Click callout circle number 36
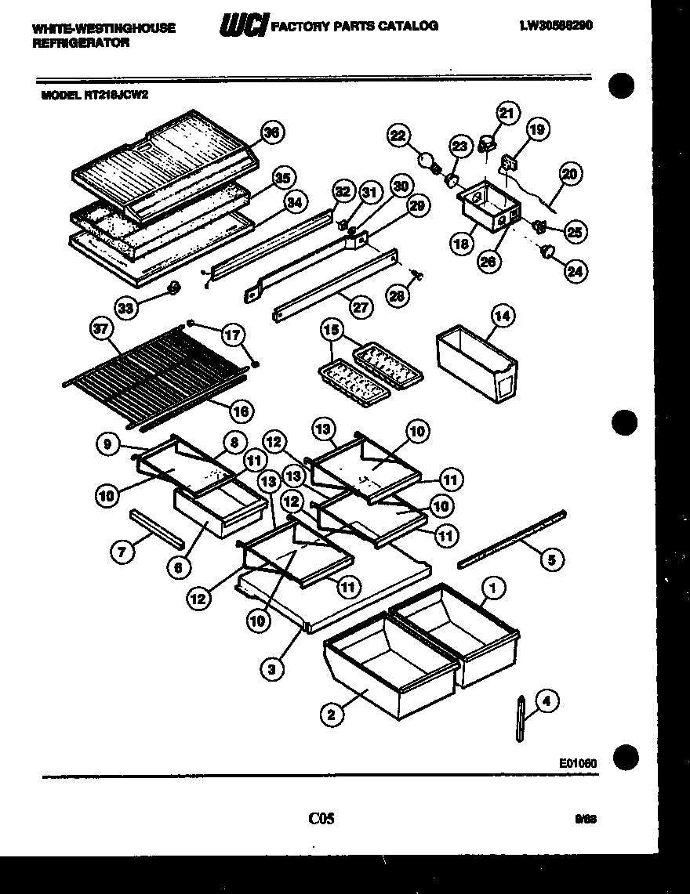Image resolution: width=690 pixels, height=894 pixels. pyautogui.click(x=272, y=133)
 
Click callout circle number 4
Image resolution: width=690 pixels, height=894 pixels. pyautogui.click(x=546, y=702)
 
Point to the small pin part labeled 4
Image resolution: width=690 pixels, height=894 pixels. pyautogui.click(x=521, y=717)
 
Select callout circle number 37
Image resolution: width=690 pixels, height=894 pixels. pyautogui.click(x=100, y=330)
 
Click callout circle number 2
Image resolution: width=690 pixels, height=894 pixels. pyautogui.click(x=332, y=713)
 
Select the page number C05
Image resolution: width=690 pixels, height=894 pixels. pyautogui.click(x=321, y=819)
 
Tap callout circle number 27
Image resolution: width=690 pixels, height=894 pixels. pyautogui.click(x=360, y=307)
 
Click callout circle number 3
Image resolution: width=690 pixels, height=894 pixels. pyautogui.click(x=271, y=668)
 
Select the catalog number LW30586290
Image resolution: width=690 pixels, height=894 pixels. pyautogui.click(x=555, y=25)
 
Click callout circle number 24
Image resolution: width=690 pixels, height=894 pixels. pyautogui.click(x=576, y=272)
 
